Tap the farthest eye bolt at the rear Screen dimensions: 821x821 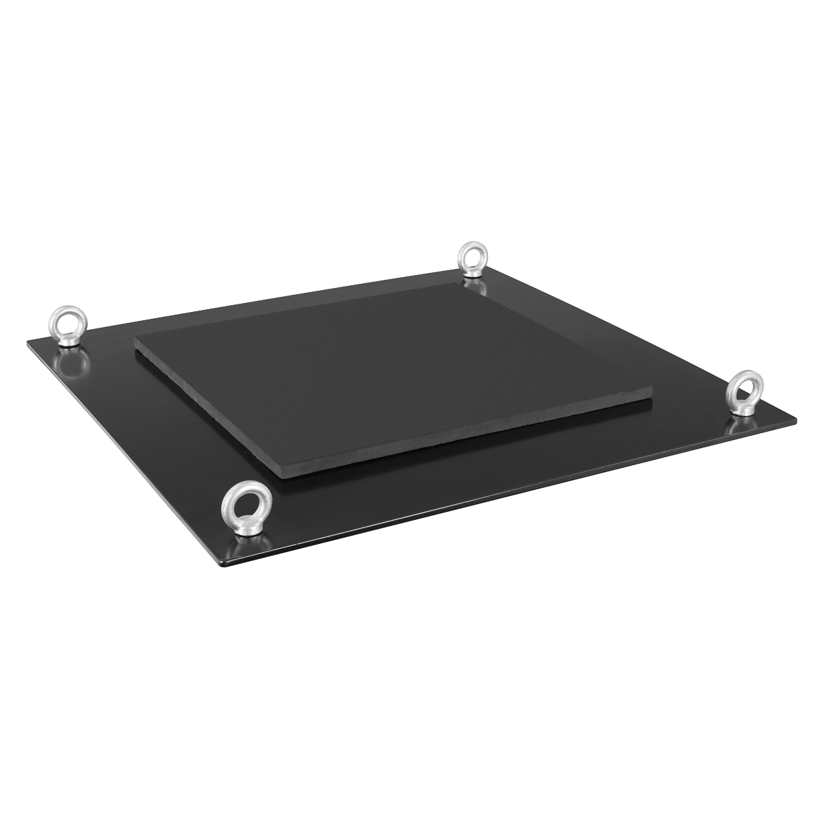click(471, 259)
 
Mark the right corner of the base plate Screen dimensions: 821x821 click(796, 417)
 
